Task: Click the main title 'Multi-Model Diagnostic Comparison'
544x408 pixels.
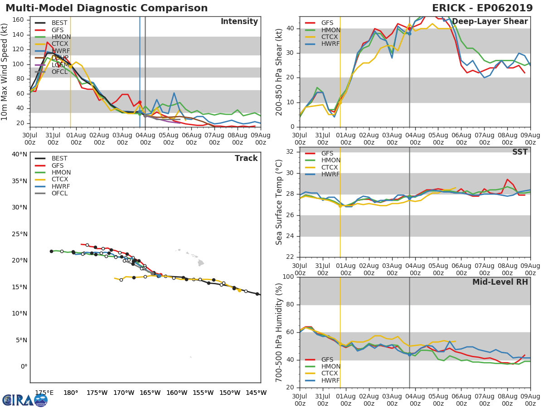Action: click(x=107, y=8)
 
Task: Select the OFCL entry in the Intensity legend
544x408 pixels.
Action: click(x=59, y=72)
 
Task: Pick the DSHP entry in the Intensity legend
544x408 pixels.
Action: click(x=60, y=58)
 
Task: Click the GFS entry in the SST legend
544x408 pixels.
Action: click(x=327, y=153)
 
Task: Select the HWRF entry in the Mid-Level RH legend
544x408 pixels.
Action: click(x=330, y=380)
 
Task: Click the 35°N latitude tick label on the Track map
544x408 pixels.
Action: click(x=19, y=181)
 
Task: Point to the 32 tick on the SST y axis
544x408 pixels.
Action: click(x=289, y=152)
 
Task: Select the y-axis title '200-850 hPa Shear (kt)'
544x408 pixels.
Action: click(x=279, y=72)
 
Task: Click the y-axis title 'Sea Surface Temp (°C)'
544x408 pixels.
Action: click(x=279, y=202)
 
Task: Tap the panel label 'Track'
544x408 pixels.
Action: click(x=246, y=158)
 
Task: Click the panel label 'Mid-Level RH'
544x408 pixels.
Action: click(x=500, y=282)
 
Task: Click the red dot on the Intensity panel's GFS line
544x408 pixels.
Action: click(x=140, y=102)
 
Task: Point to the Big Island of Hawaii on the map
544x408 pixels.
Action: click(x=200, y=263)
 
